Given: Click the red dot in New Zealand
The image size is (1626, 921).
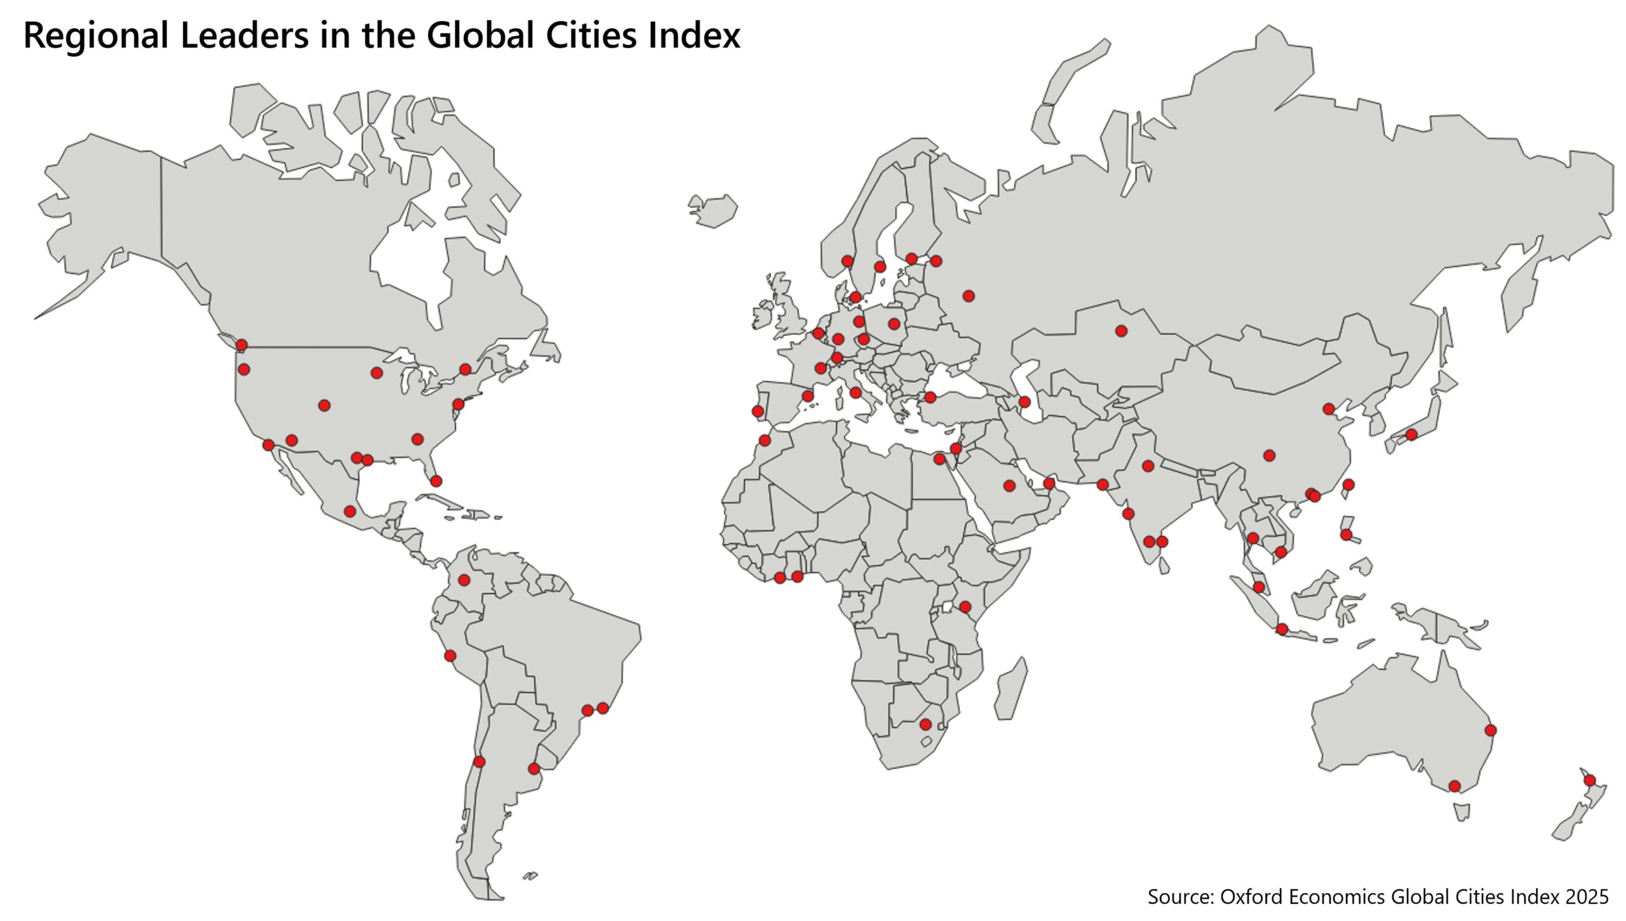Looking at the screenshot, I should (x=1589, y=780).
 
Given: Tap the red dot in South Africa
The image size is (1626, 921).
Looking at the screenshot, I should (x=925, y=724).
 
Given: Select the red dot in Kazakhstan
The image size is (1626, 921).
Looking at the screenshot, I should (x=1121, y=331).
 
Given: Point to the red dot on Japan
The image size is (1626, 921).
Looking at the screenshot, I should (x=1411, y=435).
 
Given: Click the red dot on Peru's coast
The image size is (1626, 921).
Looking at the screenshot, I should (x=450, y=656).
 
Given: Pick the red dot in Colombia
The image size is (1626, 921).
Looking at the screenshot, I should (x=464, y=580).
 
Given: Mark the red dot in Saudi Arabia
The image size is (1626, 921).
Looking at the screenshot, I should (x=1009, y=486).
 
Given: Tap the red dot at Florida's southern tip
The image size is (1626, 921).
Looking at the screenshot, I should (x=436, y=481).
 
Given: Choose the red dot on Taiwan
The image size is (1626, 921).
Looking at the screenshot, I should (x=1348, y=485).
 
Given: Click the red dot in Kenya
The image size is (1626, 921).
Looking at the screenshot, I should (x=965, y=607).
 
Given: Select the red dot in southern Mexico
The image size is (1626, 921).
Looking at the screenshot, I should (x=349, y=511).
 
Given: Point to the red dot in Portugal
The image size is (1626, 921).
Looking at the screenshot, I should (x=758, y=411).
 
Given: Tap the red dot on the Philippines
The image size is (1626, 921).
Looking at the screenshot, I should (x=1346, y=535).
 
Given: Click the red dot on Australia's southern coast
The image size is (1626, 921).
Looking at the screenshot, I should (x=1455, y=786).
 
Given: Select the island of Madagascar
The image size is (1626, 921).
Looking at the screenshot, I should (x=1011, y=691).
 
